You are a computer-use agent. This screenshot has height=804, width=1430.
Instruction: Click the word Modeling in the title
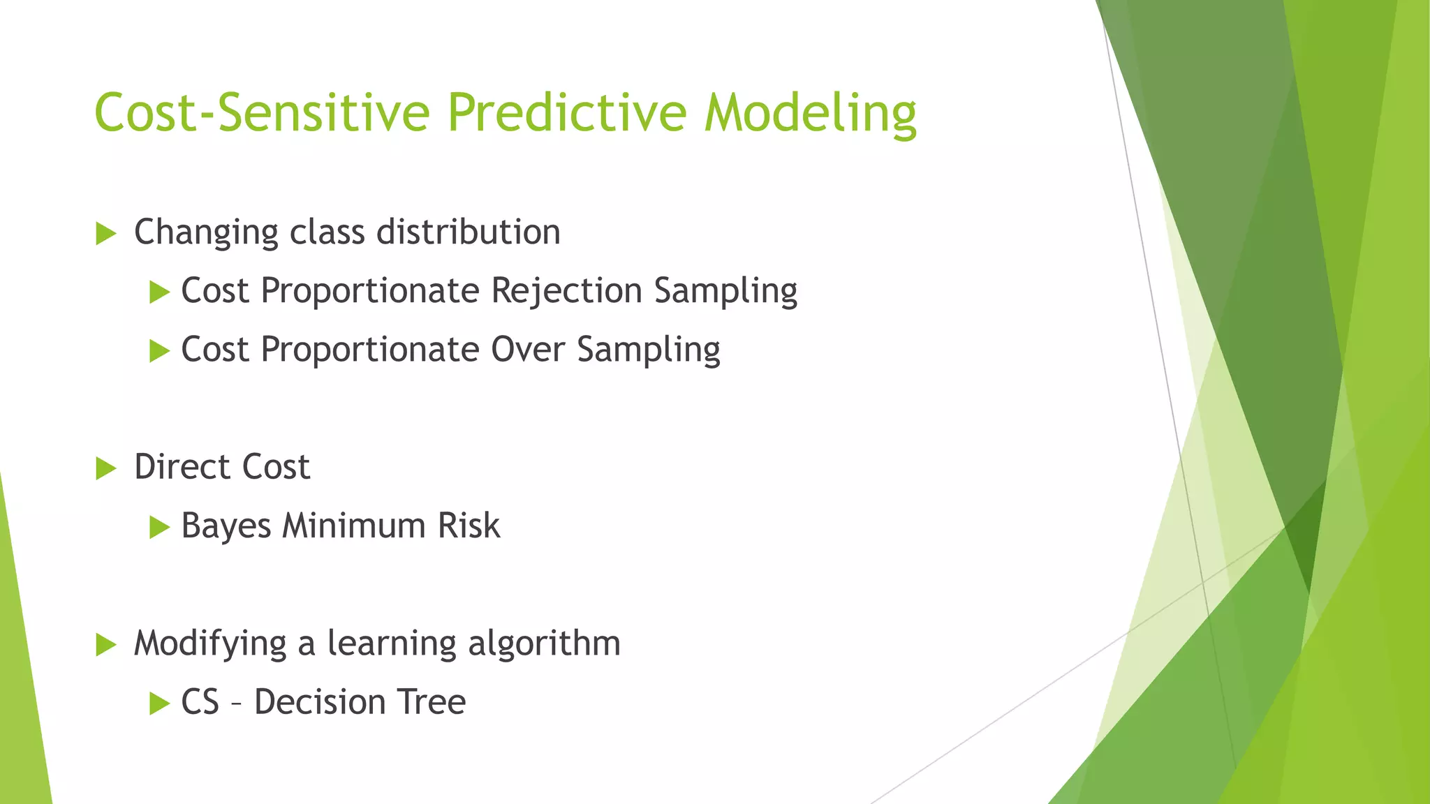pyautogui.click(x=810, y=114)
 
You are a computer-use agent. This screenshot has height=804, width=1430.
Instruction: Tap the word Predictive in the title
pyautogui.click(x=566, y=112)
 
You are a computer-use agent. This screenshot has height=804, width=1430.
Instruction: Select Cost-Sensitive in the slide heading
pyautogui.click(x=262, y=112)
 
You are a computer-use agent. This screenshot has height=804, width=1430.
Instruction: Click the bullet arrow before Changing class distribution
pyautogui.click(x=105, y=233)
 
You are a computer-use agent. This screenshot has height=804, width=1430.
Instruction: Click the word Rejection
pyautogui.click(x=566, y=290)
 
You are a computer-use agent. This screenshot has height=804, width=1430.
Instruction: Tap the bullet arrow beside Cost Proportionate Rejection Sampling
pyautogui.click(x=160, y=292)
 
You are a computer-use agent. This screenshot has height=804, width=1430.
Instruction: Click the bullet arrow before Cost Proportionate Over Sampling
pyautogui.click(x=160, y=350)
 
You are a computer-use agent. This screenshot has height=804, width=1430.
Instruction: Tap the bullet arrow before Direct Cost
pyautogui.click(x=105, y=468)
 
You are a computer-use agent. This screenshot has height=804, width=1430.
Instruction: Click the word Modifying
pyautogui.click(x=209, y=643)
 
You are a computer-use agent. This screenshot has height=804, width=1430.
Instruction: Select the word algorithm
pyautogui.click(x=544, y=643)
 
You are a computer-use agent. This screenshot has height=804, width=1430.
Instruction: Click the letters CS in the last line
pyautogui.click(x=200, y=701)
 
